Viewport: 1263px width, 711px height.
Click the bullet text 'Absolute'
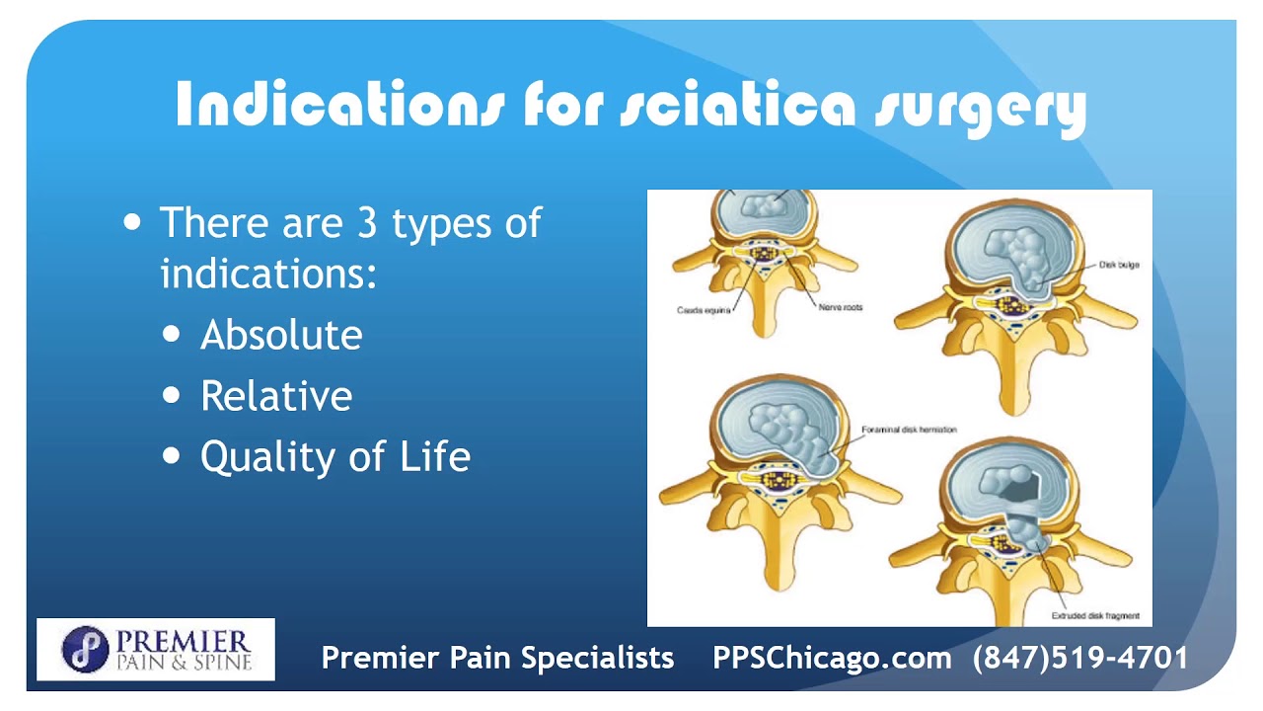click(281, 336)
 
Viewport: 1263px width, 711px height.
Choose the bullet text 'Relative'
click(276, 396)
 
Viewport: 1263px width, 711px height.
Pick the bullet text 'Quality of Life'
click(335, 456)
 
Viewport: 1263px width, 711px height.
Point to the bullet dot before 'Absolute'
click(173, 335)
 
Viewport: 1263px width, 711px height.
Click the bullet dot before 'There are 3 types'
click(133, 221)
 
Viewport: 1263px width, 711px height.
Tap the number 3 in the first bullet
click(362, 222)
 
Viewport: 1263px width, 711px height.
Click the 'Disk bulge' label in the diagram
click(1119, 265)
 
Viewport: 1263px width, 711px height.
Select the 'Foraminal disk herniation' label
click(909, 430)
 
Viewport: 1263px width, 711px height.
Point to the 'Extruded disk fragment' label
click(1094, 616)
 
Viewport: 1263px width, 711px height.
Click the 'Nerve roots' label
click(840, 308)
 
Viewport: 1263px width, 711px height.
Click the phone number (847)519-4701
click(1080, 658)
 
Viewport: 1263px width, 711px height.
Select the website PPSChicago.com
click(832, 658)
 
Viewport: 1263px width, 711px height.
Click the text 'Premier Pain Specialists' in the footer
click(498, 658)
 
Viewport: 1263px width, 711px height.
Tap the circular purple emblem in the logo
click(84, 649)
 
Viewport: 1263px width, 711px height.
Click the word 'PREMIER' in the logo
click(184, 639)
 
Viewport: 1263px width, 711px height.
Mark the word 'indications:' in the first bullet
click(268, 273)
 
